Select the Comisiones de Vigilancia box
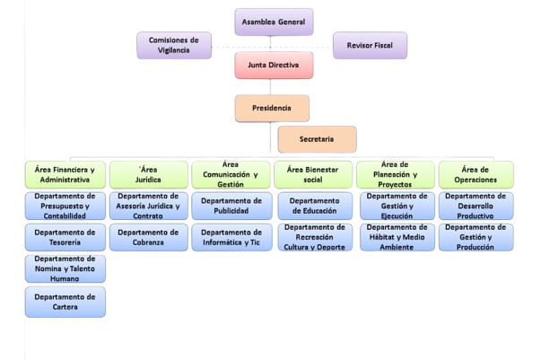(174, 44)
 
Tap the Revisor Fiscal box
(370, 44)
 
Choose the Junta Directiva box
(273, 66)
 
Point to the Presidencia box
(273, 109)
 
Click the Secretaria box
(317, 139)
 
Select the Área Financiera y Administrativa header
(65, 173)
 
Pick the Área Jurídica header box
(147, 173)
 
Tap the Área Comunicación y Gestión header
(231, 173)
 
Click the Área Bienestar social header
(313, 173)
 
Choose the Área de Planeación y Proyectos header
(395, 173)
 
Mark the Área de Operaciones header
(475, 173)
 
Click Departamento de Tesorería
(65, 237)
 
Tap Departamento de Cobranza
(147, 237)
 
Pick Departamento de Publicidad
(231, 206)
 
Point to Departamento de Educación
(313, 206)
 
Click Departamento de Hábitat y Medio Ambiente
(395, 237)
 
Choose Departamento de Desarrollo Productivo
(475, 206)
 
